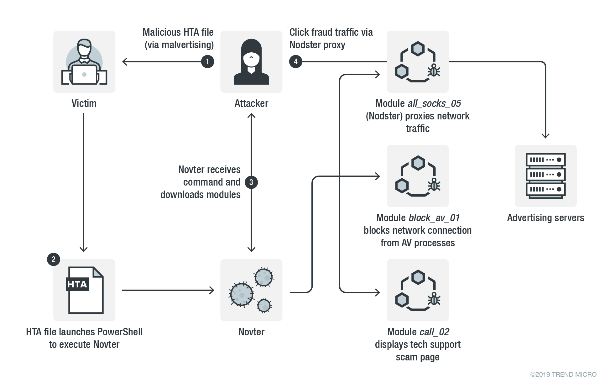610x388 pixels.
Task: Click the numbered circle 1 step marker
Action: [207, 61]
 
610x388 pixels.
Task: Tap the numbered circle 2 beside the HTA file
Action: [54, 259]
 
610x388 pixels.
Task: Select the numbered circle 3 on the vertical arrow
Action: [251, 182]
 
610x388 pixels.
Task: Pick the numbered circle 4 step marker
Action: [295, 61]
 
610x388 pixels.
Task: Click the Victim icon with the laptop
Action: [84, 62]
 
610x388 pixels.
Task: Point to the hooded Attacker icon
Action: [251, 62]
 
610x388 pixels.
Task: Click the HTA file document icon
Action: [85, 290]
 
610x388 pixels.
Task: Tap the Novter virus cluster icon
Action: [251, 290]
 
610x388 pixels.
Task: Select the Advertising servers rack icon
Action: [545, 176]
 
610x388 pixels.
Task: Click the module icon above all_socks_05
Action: [418, 62]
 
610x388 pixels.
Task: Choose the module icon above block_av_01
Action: [418, 176]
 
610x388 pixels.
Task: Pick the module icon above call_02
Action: [418, 290]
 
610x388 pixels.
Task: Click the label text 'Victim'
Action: [84, 103]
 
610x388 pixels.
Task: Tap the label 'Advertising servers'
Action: [545, 218]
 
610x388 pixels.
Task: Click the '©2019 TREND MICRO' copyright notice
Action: [563, 375]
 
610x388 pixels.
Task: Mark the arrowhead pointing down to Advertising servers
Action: [545, 136]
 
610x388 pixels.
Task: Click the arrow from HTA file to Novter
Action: [168, 290]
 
